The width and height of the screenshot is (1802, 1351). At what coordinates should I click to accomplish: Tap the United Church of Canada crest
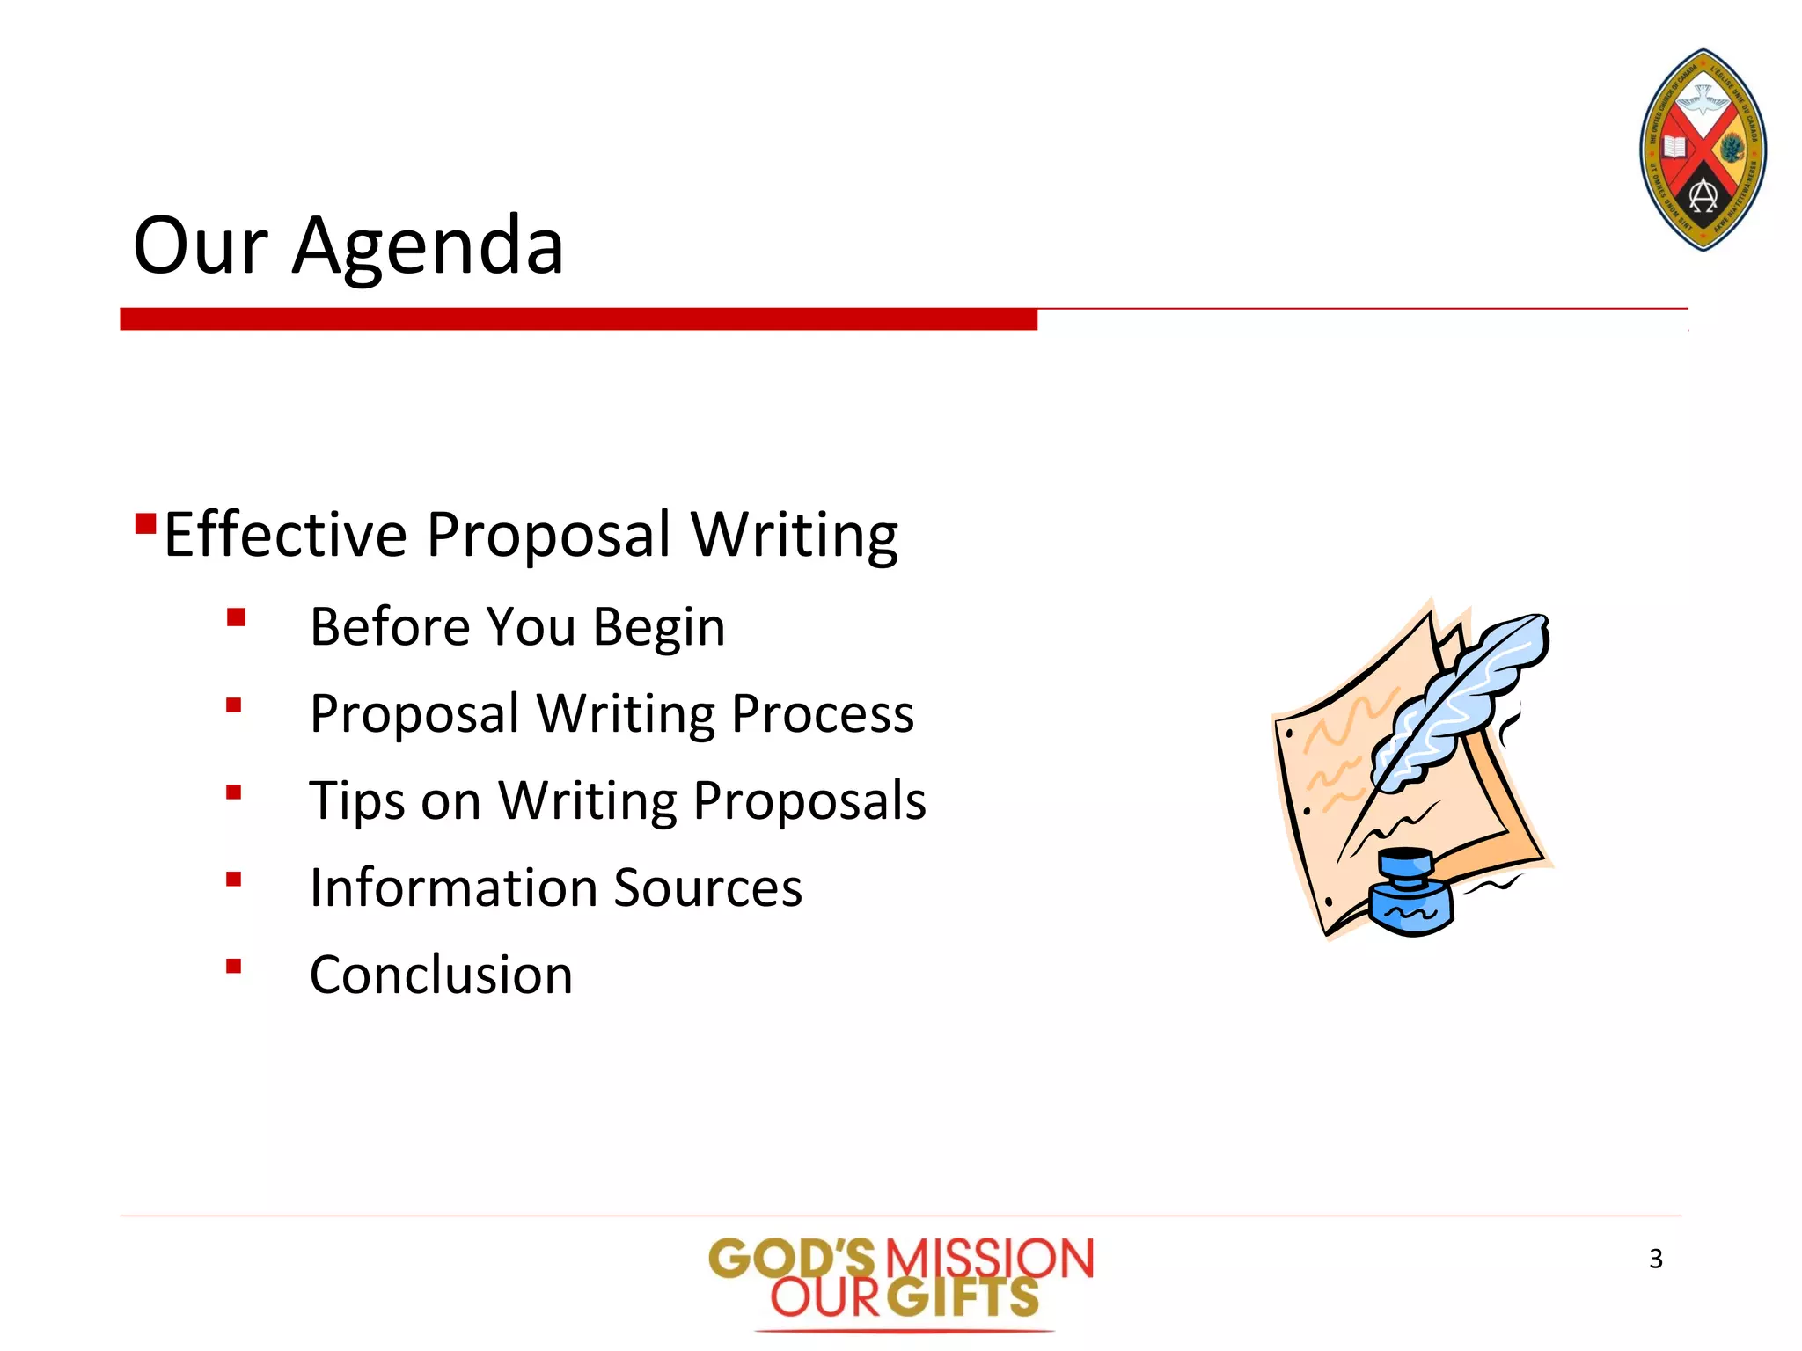(x=1703, y=150)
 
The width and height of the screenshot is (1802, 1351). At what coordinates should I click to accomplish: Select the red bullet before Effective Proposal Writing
(x=145, y=524)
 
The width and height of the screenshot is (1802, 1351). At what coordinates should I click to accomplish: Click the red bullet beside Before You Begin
(x=235, y=617)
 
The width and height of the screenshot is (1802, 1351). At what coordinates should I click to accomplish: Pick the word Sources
(x=708, y=887)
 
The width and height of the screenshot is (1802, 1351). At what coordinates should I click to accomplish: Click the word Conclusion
(x=441, y=975)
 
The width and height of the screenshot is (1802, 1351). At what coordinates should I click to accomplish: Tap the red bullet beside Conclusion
(x=233, y=966)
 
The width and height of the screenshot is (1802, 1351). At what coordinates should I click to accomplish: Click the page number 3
(x=1655, y=1259)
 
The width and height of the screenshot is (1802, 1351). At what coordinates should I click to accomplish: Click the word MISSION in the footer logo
(x=988, y=1258)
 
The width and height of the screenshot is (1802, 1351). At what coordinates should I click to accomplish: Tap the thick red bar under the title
(x=578, y=318)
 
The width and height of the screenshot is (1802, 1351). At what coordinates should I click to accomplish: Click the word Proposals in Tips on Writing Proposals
(x=809, y=801)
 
